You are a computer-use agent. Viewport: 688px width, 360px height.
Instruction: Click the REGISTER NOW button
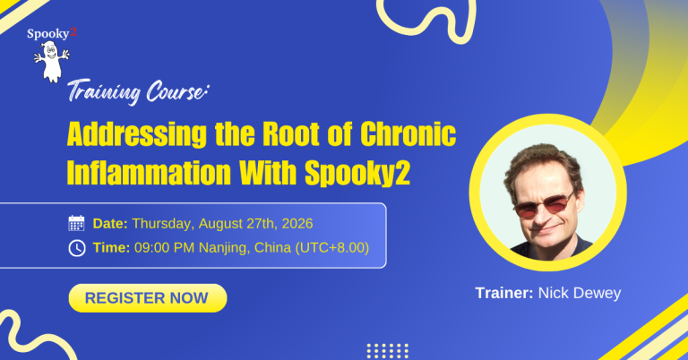pos(148,298)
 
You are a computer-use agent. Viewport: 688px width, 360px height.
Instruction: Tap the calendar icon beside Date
pos(76,223)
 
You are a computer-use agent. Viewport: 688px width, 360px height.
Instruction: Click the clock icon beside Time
pos(77,248)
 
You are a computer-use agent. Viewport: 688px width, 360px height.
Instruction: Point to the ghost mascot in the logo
pos(52,62)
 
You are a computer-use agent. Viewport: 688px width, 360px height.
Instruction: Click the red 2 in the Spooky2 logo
pos(73,31)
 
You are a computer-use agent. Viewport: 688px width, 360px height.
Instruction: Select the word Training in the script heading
pos(104,92)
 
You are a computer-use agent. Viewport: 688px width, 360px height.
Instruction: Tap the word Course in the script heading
pos(176,91)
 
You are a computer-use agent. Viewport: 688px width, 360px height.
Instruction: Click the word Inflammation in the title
pos(149,172)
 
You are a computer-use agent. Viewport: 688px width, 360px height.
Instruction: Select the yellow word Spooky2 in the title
pos(357,173)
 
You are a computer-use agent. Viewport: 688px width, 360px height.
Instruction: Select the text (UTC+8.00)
pos(332,248)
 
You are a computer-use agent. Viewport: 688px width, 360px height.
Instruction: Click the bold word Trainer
pos(504,293)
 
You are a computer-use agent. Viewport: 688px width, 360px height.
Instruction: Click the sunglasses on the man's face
pos(545,204)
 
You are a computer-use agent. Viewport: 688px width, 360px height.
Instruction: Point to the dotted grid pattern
pos(387,351)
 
